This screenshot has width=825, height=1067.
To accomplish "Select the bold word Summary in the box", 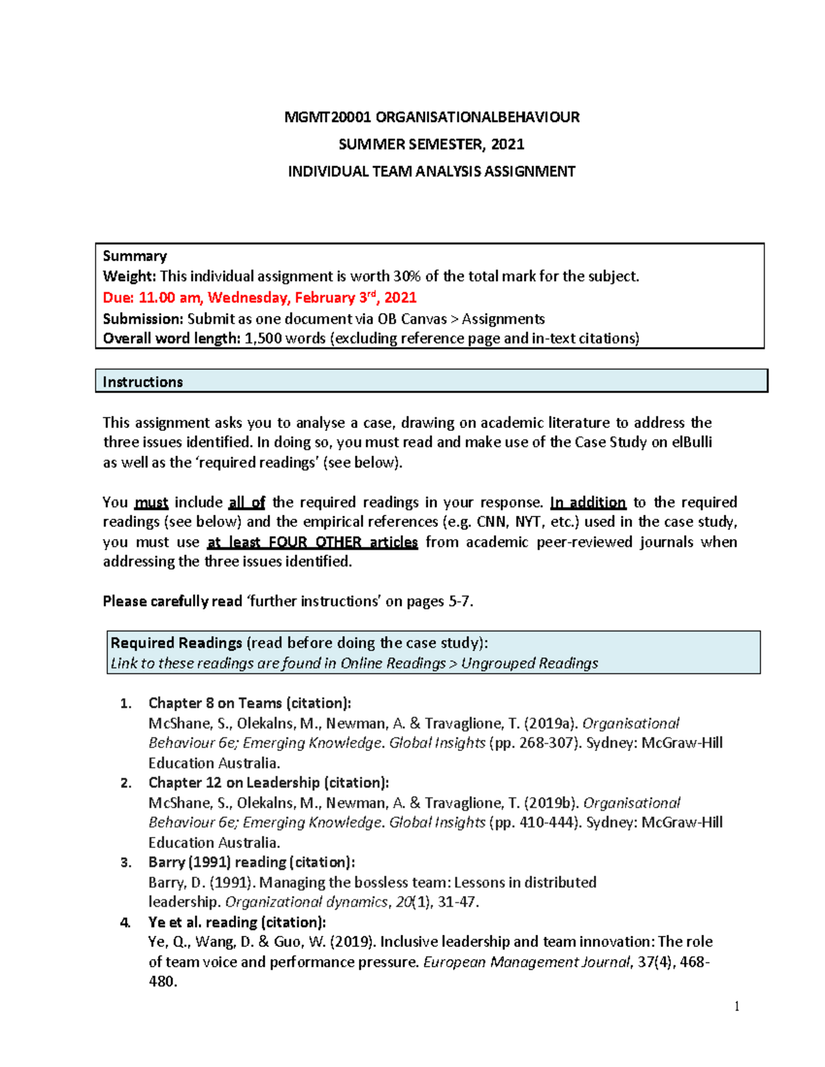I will tap(135, 256).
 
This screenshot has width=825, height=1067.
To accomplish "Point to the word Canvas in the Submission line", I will tap(421, 319).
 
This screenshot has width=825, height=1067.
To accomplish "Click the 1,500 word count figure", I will tap(263, 339).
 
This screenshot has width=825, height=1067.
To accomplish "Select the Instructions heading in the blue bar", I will tap(142, 382).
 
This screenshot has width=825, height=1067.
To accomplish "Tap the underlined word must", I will tap(151, 502).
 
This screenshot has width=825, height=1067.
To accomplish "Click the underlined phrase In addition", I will tap(588, 502).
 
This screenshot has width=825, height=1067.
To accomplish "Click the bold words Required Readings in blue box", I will tap(176, 643).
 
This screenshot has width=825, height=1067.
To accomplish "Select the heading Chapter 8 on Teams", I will tap(215, 703).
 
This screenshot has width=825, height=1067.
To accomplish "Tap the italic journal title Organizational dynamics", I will tap(306, 902).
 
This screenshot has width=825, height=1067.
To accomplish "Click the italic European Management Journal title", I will tap(526, 962).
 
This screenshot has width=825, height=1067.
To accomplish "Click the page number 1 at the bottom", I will tap(737, 1007).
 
